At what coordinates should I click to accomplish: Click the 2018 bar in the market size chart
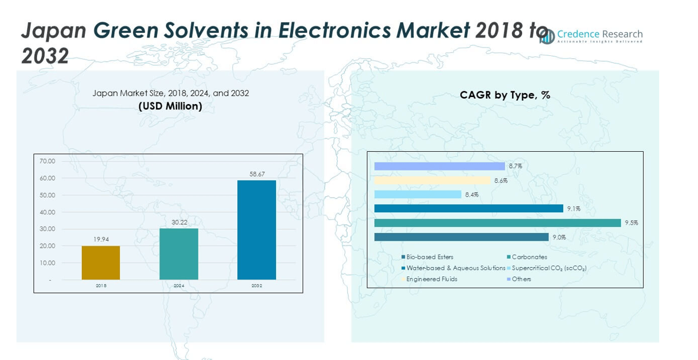pos(101,263)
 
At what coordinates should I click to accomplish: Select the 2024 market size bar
pos(178,254)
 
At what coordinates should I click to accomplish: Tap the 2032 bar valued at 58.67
pos(257,230)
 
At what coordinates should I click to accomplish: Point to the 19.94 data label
pos(101,239)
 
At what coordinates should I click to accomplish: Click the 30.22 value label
pos(178,222)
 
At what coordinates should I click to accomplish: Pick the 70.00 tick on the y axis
pos(47,161)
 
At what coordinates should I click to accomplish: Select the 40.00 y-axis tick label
pos(47,212)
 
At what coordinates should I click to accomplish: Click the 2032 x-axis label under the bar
pos(257,286)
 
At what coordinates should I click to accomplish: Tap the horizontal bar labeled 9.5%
pos(497,223)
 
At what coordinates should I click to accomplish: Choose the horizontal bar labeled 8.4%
pos(417,195)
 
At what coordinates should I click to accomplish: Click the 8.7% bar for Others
pos(439,166)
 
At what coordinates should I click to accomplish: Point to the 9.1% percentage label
pos(574,209)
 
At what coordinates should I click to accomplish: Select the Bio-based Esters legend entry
pos(429,257)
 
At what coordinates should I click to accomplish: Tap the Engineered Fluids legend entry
pos(431,279)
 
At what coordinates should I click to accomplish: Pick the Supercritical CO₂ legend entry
pos(549,268)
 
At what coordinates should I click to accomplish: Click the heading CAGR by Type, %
pos(504,95)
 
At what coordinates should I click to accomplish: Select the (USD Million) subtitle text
pos(170,106)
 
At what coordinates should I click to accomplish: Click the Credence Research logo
pos(591,36)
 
